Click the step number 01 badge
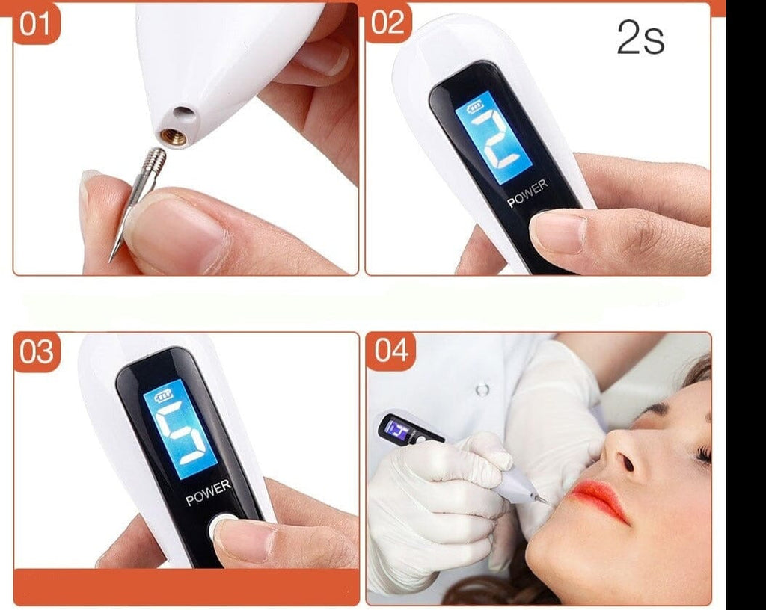click(x=35, y=23)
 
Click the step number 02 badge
click(x=388, y=22)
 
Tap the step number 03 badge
click(x=37, y=351)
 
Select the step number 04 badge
click(x=390, y=351)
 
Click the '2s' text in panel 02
click(x=640, y=37)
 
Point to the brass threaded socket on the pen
click(x=174, y=137)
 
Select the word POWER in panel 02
click(x=527, y=193)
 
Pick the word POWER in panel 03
click(x=209, y=493)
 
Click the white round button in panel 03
click(x=222, y=526)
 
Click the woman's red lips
click(x=599, y=499)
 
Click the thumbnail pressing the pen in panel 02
click(x=557, y=232)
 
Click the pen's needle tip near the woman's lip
click(x=544, y=501)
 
